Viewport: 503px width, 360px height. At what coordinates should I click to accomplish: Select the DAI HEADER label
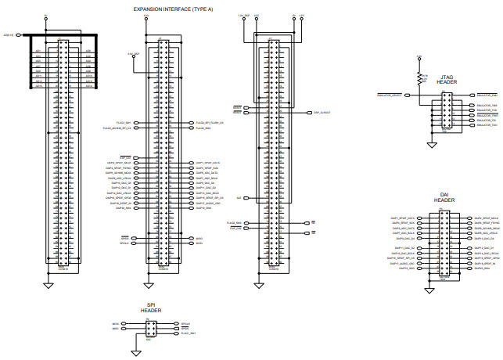(444, 197)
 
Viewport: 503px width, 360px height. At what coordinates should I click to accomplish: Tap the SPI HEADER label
(151, 308)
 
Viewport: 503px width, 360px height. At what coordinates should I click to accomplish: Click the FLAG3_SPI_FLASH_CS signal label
(210, 123)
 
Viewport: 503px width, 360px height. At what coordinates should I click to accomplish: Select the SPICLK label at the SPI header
(185, 323)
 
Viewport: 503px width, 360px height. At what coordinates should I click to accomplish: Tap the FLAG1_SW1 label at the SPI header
(188, 333)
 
